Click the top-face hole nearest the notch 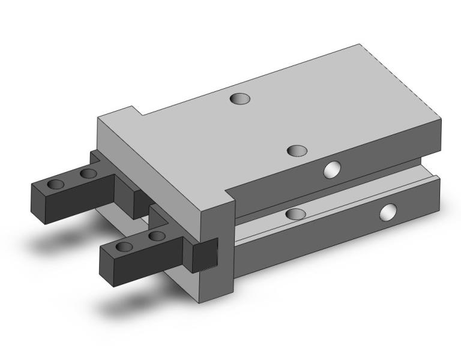click(240, 98)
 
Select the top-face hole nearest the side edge click(297, 151)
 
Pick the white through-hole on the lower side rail click(388, 211)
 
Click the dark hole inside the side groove click(295, 214)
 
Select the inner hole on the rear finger click(89, 174)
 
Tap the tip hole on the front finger click(125, 247)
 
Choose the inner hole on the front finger click(157, 236)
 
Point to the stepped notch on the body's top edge click(136, 112)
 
